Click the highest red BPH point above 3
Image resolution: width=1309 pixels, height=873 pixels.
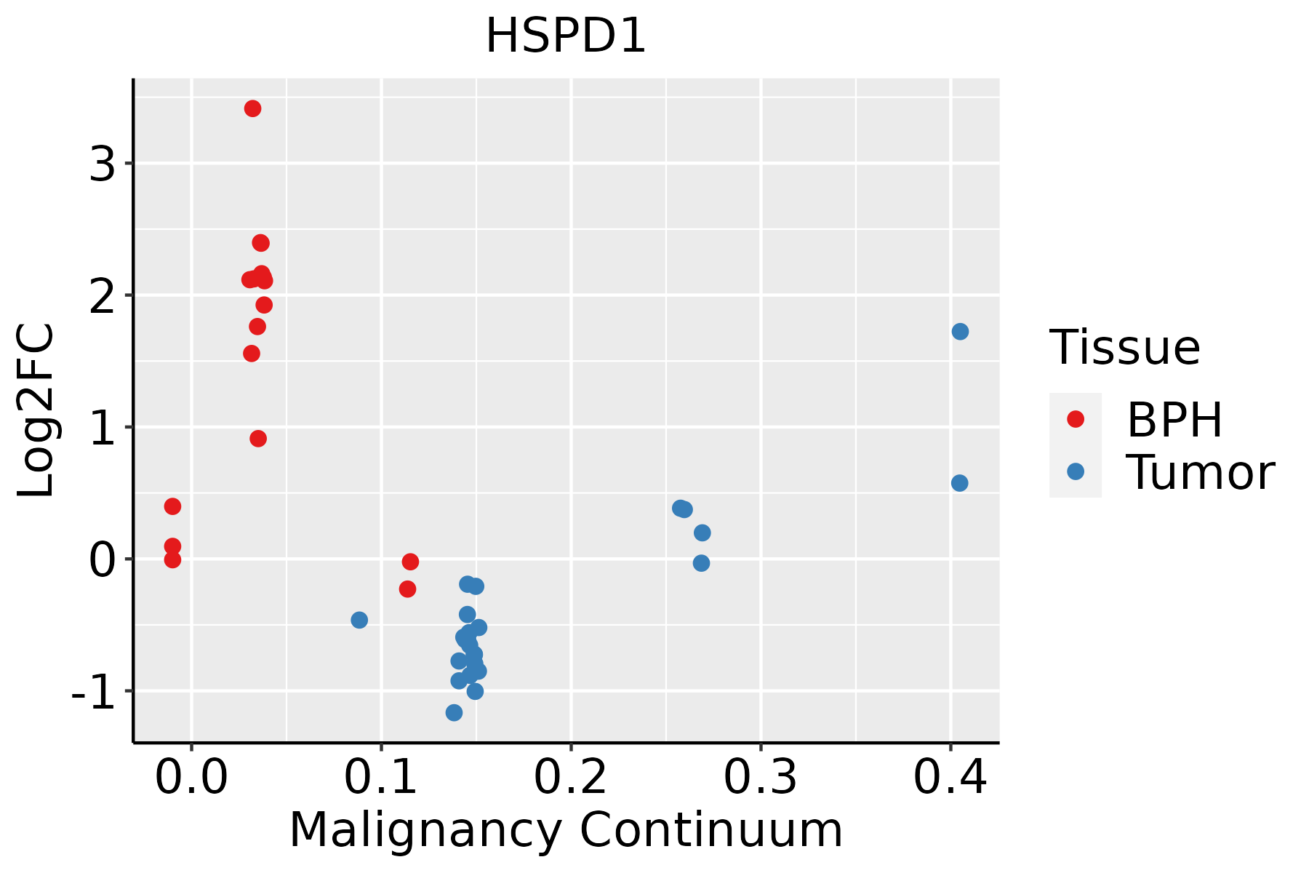pos(252,108)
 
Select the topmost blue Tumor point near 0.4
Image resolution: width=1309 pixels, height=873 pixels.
pos(960,332)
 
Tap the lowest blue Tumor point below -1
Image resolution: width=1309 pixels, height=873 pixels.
pos(454,712)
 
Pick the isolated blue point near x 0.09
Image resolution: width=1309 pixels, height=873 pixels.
pos(359,620)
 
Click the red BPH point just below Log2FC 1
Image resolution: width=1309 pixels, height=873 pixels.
pos(258,439)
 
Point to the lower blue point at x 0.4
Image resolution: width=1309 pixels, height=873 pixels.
pos(959,483)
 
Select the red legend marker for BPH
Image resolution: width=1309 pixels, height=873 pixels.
pos(1075,419)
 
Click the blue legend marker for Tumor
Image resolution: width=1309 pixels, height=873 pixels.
pos(1075,471)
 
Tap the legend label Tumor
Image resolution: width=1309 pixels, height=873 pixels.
pos(1200,473)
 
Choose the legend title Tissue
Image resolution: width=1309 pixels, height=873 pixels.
pos(1125,348)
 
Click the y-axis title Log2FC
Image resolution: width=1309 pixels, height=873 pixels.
pos(36,410)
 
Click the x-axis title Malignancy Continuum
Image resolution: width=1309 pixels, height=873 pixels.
pos(566,830)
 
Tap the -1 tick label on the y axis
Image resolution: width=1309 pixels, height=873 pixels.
pos(93,693)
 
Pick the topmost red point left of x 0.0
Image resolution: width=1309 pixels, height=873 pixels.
pos(172,506)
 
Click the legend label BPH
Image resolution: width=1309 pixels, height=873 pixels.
pos(1174,420)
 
